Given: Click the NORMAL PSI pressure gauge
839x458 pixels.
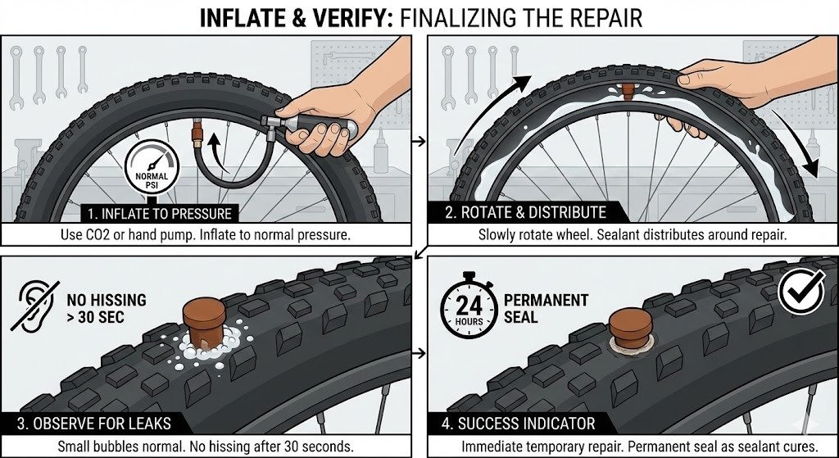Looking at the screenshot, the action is pos(152,166).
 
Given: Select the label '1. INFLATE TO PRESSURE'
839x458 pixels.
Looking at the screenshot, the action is pos(160,214).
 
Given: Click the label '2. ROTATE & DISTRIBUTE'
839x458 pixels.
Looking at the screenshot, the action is pos(526,212).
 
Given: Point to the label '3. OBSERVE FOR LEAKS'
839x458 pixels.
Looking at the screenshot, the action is pos(94,424).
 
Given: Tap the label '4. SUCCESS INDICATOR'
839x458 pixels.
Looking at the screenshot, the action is pos(519,424).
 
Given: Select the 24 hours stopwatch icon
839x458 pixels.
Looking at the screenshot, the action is pos(469,306).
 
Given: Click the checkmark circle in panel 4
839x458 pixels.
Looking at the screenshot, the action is pos(800,292).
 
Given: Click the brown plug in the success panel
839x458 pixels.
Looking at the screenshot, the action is pos(630,328).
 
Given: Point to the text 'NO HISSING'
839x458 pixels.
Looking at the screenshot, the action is pos(107,300).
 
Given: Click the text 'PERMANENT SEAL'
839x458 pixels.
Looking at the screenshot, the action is pos(546,308).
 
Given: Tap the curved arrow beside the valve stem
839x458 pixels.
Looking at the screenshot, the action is pos(217,152).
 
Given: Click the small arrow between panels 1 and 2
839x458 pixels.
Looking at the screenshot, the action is pos(419,141).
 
